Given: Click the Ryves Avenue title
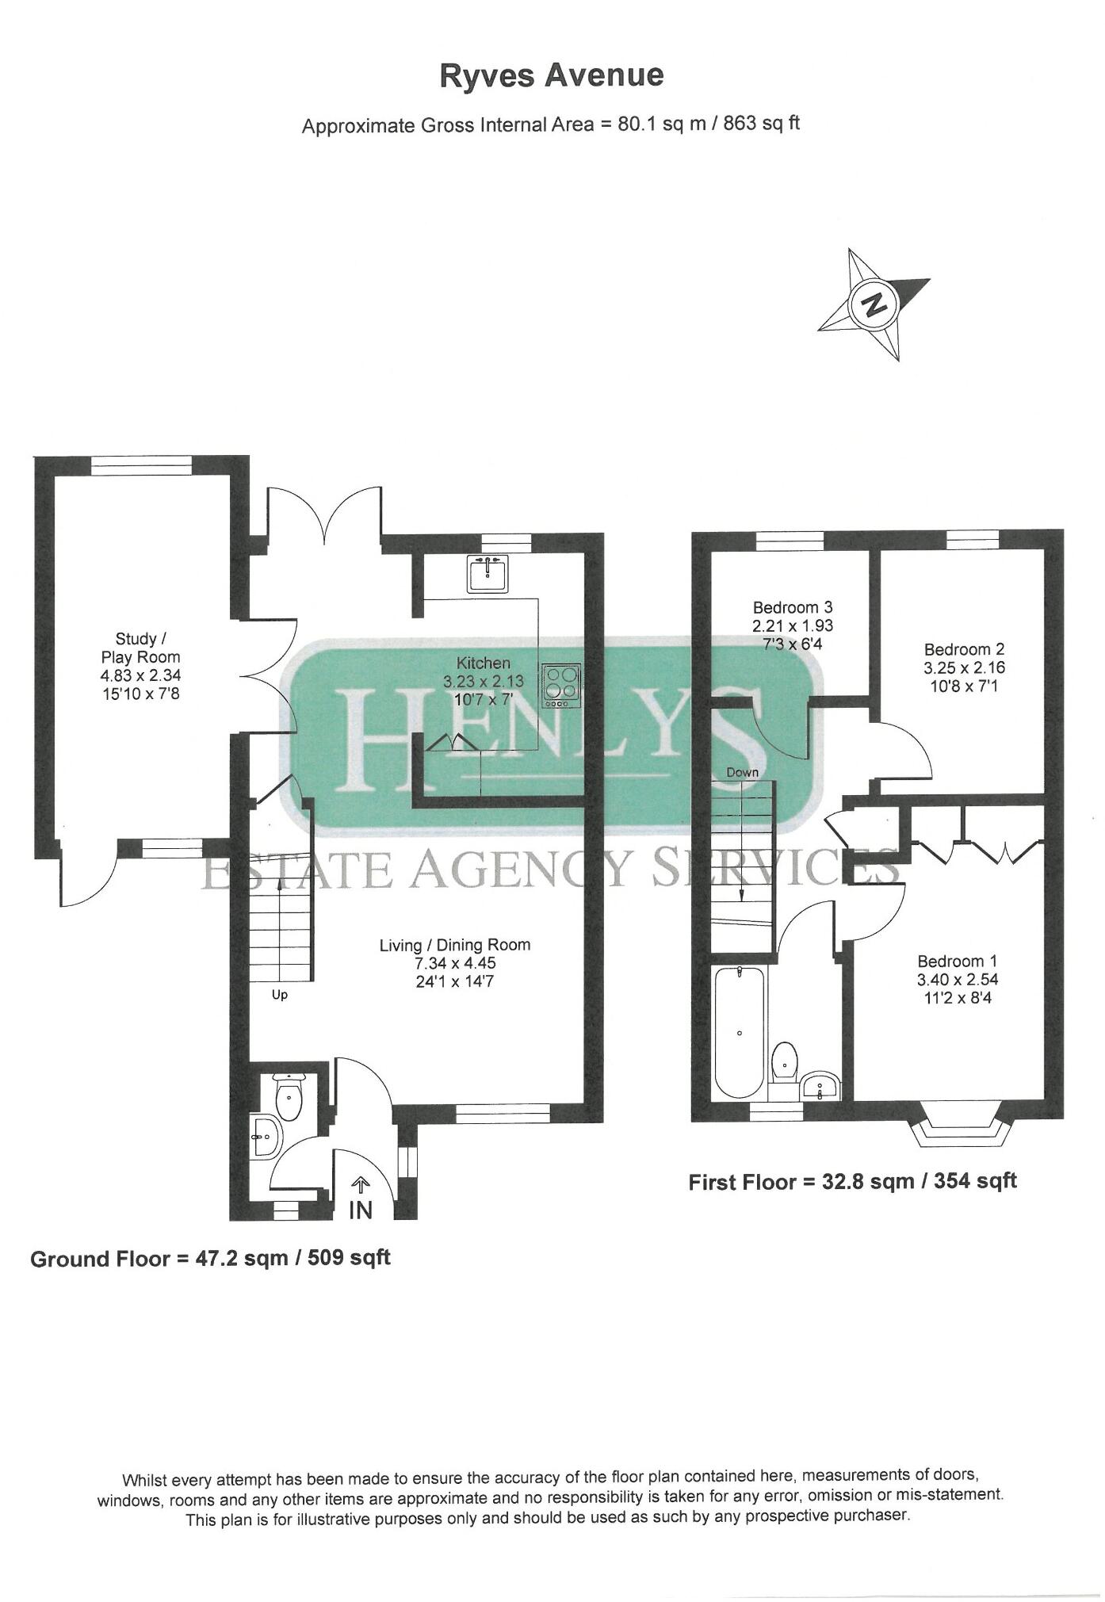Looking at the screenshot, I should coord(552,76).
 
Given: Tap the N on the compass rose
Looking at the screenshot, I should coord(874,304).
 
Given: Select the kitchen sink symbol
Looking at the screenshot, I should coord(488,573).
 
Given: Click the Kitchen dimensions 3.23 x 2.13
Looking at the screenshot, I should coord(483,682).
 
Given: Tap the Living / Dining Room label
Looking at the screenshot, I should coord(454,945).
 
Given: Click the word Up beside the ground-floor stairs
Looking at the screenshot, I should coord(280,995).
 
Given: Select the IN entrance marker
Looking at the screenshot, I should coord(360,1210).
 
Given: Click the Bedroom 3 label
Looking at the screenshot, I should coord(792,607).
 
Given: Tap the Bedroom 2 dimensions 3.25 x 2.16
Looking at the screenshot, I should coord(964,667).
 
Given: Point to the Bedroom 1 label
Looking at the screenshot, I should coord(957,962).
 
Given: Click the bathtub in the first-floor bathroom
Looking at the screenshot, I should coord(739,1032).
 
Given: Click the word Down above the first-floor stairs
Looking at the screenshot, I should coord(742,772).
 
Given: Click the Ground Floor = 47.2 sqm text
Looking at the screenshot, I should coord(210,1258).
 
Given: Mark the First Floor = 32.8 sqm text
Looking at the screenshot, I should coord(852,1182).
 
